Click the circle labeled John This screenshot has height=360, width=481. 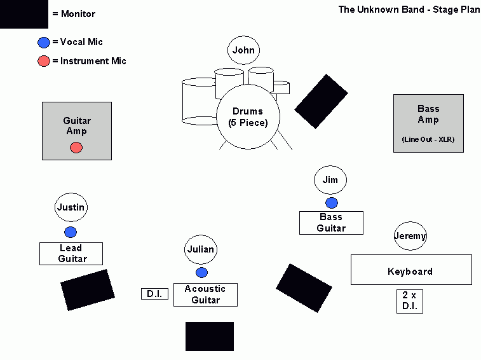(x=243, y=50)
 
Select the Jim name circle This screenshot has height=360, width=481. (x=330, y=180)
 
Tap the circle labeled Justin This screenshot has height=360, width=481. (x=71, y=207)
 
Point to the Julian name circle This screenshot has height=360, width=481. (x=201, y=249)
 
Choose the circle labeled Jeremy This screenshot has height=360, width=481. (x=410, y=236)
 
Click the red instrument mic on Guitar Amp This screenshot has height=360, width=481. (x=76, y=148)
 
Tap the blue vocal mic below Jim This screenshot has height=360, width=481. (x=332, y=203)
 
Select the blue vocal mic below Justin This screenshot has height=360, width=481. (x=71, y=232)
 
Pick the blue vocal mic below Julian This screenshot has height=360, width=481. (x=201, y=272)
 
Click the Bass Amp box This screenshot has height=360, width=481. (x=428, y=123)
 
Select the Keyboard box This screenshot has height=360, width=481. (x=411, y=270)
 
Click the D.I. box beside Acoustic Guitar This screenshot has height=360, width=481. (x=154, y=294)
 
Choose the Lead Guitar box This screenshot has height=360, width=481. (x=71, y=254)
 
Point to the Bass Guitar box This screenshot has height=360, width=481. (x=331, y=223)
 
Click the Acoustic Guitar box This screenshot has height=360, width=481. (x=205, y=294)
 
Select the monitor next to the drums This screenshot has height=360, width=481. (x=322, y=102)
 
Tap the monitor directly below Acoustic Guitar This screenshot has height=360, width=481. (x=210, y=336)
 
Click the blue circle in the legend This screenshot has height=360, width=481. (x=43, y=43)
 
